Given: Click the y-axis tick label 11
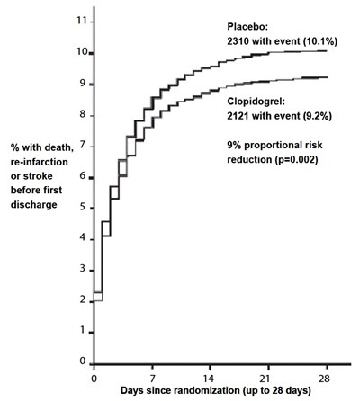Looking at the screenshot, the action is (x=81, y=21).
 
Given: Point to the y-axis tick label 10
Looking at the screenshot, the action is (x=81, y=52).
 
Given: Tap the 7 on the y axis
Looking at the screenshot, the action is (x=83, y=146).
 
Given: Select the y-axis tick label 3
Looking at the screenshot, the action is (x=83, y=269).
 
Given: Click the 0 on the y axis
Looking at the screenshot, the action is (x=83, y=361).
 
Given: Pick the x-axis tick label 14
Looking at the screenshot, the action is (x=210, y=379).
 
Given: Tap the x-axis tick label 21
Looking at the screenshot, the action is (x=268, y=379).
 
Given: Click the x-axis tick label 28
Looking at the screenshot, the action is (x=324, y=379).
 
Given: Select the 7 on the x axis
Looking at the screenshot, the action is (x=153, y=379).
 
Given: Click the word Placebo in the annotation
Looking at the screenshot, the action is (x=246, y=27).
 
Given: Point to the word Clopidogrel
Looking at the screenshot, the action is (x=254, y=102).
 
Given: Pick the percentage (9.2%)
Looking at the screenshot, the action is (x=317, y=116).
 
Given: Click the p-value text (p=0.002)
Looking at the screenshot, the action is (x=296, y=160).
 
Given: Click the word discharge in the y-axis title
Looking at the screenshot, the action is (x=34, y=205).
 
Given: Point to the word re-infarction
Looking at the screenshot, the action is (x=40, y=162).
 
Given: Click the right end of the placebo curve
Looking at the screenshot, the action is (x=327, y=51).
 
